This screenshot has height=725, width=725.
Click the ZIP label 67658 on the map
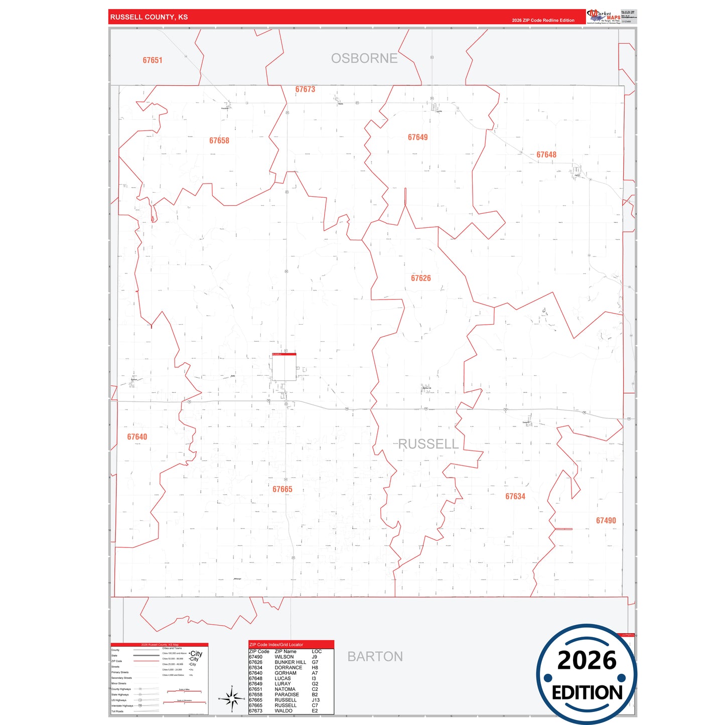[219, 140]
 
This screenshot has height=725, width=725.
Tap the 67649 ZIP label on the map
[417, 137]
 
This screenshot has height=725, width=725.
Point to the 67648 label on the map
[546, 155]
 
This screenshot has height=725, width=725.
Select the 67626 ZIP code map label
[420, 278]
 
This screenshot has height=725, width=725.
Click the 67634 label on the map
[515, 496]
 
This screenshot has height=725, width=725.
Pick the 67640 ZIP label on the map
[137, 437]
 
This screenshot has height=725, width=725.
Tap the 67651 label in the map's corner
[153, 60]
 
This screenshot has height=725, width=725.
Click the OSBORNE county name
[364, 58]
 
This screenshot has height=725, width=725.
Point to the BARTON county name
[375, 656]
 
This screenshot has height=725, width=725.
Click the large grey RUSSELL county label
[428, 444]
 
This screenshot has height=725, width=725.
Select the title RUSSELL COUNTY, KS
[149, 17]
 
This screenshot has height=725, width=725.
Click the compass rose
[231, 698]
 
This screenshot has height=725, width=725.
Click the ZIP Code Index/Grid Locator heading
[276, 644]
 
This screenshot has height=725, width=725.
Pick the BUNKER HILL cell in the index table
[290, 662]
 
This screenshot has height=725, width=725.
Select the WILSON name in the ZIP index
[284, 657]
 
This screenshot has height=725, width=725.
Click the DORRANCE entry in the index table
[288, 668]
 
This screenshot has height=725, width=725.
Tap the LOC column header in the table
[317, 651]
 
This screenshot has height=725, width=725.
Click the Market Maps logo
[604, 17]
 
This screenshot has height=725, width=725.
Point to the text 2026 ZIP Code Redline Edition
[543, 21]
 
